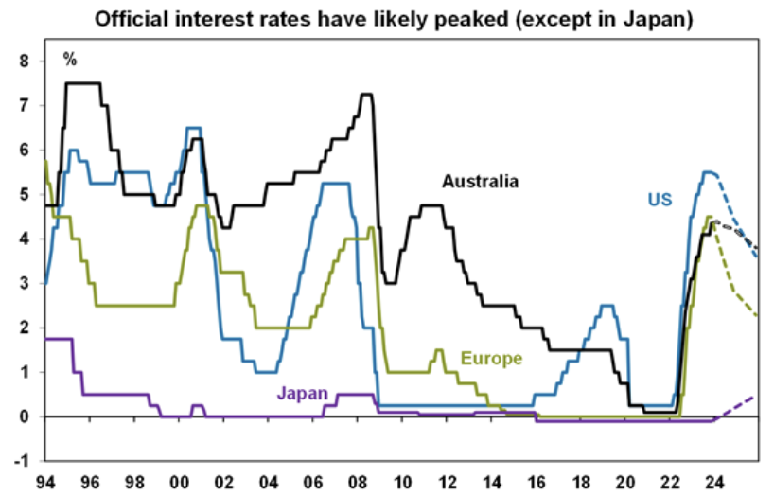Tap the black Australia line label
[x=480, y=181]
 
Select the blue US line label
[x=660, y=200]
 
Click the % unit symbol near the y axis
[x=70, y=60]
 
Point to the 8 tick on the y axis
[x=26, y=62]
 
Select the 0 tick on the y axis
[x=26, y=416]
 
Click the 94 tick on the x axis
[x=44, y=483]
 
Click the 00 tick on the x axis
[x=179, y=483]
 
